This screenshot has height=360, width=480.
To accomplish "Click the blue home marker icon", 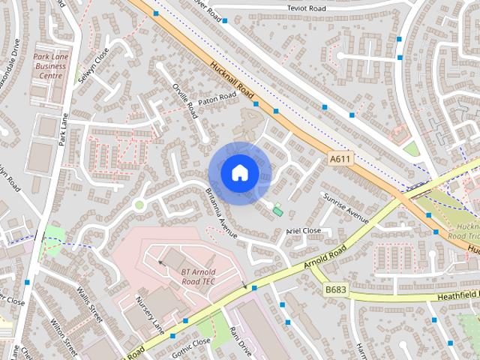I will coord(239,172).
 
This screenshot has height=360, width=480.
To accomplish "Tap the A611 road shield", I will coord(340,160).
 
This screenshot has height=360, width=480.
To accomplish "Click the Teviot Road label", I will coord(307,8).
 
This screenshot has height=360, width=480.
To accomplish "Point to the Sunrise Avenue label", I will coord(346,207).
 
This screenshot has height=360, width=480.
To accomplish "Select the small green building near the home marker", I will coord(278,211).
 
